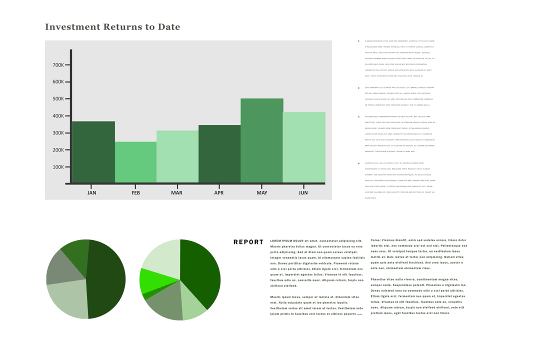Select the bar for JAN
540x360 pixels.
[93, 152]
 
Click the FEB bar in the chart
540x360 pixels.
[135, 162]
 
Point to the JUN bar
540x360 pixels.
[303, 147]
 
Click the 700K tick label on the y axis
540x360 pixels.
[58, 65]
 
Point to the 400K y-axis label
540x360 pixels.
[58, 116]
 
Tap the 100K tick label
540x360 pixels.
[58, 167]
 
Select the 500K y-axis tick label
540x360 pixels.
[58, 99]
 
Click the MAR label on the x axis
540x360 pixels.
[176, 192]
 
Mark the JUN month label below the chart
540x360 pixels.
[303, 192]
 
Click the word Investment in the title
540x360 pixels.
[72, 27]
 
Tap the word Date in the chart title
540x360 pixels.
[169, 27]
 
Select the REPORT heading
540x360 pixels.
[248, 242]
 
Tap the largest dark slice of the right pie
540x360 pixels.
[200, 272]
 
